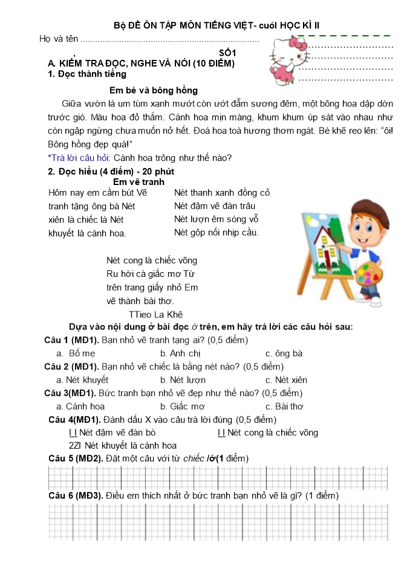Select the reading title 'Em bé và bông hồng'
click(x=154, y=91)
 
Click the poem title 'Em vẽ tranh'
click(x=138, y=181)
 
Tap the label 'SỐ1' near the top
click(x=227, y=53)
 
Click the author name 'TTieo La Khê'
click(x=155, y=314)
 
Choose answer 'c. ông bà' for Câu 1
click(x=284, y=353)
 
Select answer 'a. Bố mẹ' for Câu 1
click(x=75, y=353)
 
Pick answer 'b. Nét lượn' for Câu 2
click(x=183, y=380)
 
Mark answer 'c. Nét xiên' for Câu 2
click(x=287, y=380)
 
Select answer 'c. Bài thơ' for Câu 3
click(x=285, y=406)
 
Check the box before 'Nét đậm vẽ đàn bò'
click(x=74, y=432)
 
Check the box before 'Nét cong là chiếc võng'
click(x=221, y=432)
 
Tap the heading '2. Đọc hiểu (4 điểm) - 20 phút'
click(x=111, y=171)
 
